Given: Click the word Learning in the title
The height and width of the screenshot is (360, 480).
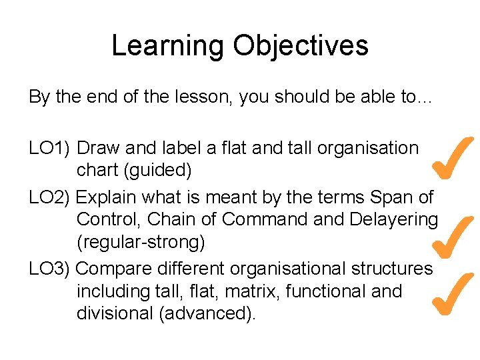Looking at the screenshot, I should [x=167, y=46].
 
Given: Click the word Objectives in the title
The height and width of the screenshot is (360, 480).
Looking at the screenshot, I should [x=300, y=46].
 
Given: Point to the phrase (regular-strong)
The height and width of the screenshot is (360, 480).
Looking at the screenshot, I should [x=141, y=242].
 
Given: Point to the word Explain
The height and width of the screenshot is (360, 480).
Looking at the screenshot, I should [x=107, y=197].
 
